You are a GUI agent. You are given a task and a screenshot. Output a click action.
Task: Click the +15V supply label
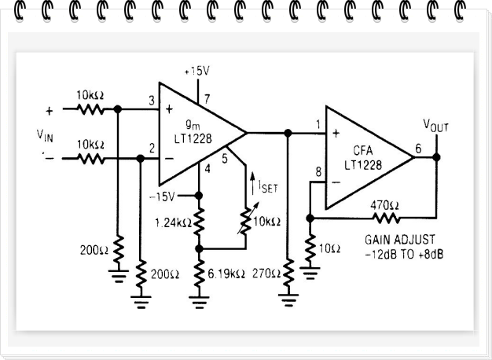coord(196,72)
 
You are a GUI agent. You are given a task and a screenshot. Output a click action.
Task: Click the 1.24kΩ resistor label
coord(171,222)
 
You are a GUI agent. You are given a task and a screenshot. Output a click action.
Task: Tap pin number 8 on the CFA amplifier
coord(318,172)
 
